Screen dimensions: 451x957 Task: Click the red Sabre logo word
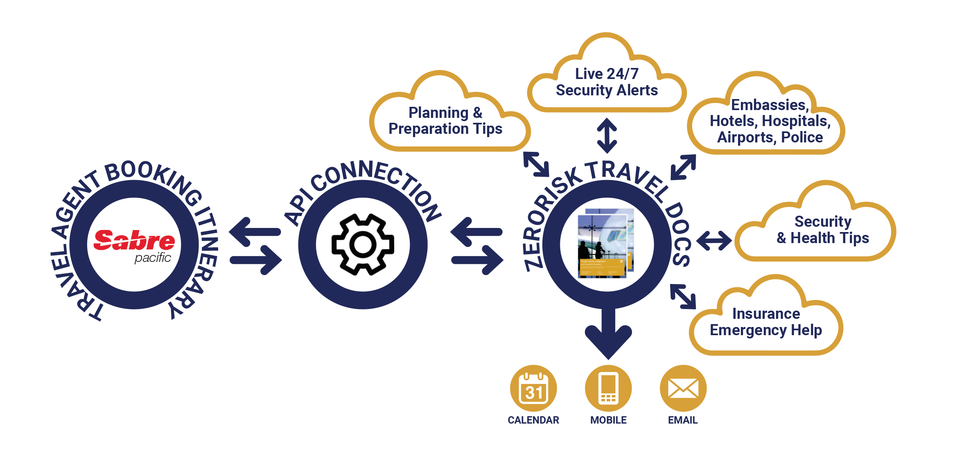(x=134, y=240)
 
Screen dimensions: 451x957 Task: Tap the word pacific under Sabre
(x=153, y=258)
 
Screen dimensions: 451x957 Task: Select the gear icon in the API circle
(x=363, y=244)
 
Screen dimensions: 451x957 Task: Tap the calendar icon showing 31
(x=533, y=388)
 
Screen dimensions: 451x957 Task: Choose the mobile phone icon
(x=608, y=388)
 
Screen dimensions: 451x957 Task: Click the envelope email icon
(x=683, y=388)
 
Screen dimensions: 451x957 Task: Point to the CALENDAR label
(x=533, y=420)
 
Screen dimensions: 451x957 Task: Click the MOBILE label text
(x=608, y=420)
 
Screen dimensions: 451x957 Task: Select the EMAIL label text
(x=683, y=420)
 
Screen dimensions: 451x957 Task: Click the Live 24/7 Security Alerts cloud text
(x=607, y=82)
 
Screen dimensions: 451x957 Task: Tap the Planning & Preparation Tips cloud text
(x=445, y=121)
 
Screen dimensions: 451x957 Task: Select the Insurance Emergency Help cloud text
(x=766, y=322)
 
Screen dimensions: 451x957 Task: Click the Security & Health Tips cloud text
(x=823, y=230)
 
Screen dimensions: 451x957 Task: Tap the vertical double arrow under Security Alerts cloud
(x=607, y=136)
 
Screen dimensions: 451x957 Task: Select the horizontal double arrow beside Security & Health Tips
(x=714, y=240)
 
